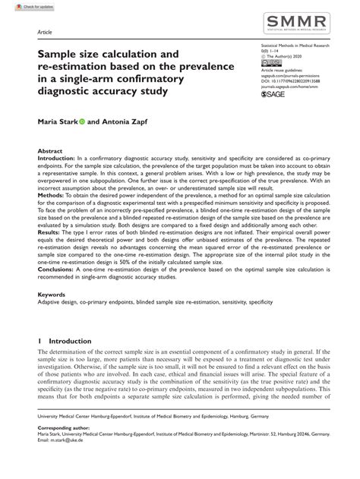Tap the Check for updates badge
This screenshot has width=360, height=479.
pos(21,5)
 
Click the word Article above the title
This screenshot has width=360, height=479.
pos(45,33)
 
